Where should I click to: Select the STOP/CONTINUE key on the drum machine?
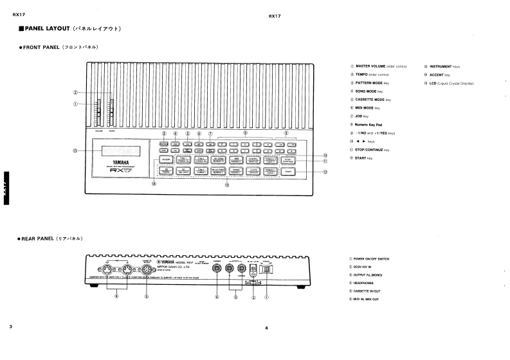[287, 159]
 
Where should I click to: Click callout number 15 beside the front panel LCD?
[76, 152]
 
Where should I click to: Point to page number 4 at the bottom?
[266, 328]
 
